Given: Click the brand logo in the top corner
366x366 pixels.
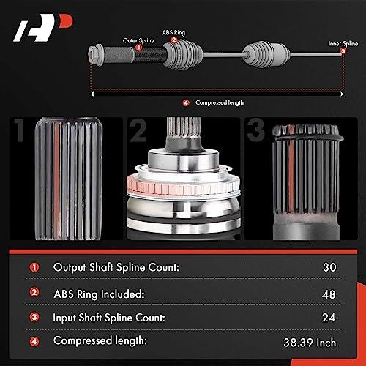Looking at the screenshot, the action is (43, 28).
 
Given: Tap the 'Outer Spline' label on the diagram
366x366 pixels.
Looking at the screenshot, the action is (138, 40).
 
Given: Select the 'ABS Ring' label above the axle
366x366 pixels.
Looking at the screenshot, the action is (173, 32).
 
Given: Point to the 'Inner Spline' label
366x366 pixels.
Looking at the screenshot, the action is (343, 43).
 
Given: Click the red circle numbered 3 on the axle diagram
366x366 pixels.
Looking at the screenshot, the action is (343, 51).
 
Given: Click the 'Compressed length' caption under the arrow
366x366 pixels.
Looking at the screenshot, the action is (220, 102).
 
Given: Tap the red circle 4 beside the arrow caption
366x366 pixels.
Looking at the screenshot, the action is (186, 102).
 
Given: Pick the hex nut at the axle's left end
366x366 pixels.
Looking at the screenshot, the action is (95, 55).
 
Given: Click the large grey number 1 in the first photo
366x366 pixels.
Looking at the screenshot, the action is (19, 130).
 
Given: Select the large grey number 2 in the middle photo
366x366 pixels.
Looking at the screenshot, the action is (138, 130).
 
